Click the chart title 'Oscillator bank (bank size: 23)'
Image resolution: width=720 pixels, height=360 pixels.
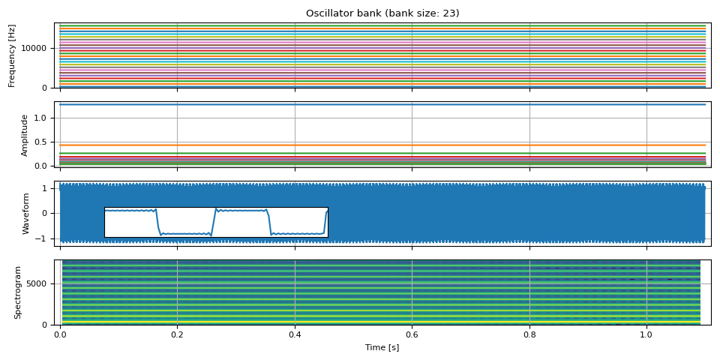382,13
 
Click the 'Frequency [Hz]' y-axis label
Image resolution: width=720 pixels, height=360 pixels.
12,55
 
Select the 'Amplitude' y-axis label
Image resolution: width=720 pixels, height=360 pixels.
24,135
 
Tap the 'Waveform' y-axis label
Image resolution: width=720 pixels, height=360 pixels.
25,214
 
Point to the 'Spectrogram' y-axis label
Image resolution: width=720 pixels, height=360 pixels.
18,292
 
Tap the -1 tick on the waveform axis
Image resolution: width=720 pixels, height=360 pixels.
45,238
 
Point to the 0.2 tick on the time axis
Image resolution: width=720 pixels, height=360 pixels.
177,335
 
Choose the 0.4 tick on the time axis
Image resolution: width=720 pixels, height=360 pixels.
295,335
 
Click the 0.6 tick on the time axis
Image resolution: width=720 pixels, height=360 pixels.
412,335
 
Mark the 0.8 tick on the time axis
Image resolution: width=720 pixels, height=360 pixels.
529,335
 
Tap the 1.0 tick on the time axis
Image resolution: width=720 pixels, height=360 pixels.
646,335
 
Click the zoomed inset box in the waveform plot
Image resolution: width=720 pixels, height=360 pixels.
216,222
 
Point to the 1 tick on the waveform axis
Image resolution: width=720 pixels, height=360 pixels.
47,188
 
